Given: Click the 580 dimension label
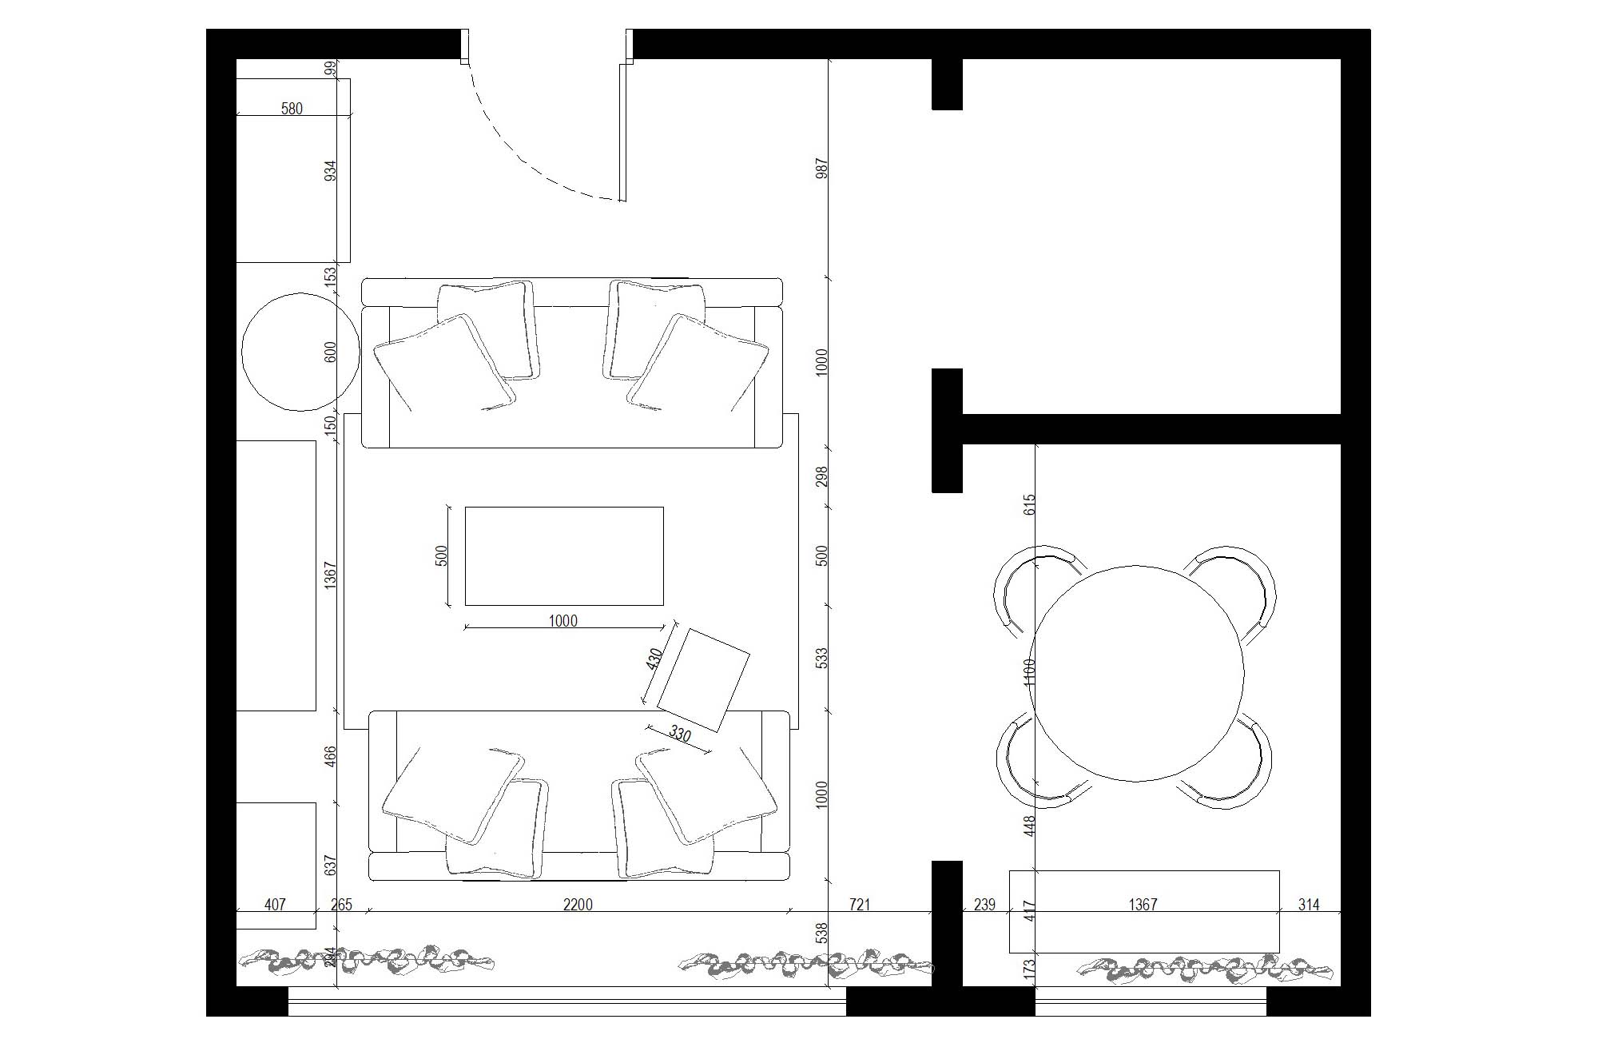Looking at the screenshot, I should pos(292,109).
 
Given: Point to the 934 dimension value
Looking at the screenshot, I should pos(331,170).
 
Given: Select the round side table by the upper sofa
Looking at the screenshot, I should pos(300,351).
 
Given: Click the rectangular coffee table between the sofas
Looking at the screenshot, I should pos(564,555).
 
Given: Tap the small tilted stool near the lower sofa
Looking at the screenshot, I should pos(703,680).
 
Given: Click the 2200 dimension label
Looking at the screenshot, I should pos(578,905).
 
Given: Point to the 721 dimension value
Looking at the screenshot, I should pos(859,905).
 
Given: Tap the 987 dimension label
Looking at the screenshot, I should pos(822,169).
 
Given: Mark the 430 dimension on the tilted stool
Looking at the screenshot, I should pos(655,659).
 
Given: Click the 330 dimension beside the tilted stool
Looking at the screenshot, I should pos(679,734).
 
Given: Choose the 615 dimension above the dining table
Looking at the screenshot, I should pos(1030,504).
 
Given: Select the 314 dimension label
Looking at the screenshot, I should pos(1309,905).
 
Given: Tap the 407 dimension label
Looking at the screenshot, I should pos(275,905).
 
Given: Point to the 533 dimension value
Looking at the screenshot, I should pos(822,658).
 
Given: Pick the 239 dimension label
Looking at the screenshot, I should pos(985,905).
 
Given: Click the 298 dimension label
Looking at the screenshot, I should pos(822,477).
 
